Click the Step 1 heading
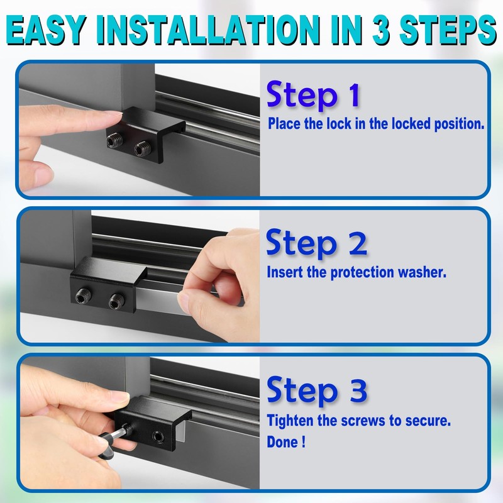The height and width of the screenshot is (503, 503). click(x=312, y=96)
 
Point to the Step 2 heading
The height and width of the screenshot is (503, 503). click(x=316, y=243)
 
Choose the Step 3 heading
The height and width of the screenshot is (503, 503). click(x=316, y=390)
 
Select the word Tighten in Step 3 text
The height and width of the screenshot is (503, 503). click(x=292, y=420)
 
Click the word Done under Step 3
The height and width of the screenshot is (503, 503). click(x=284, y=441)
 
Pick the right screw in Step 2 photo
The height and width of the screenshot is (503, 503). click(x=114, y=302)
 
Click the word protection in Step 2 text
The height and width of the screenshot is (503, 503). click(x=343, y=273)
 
